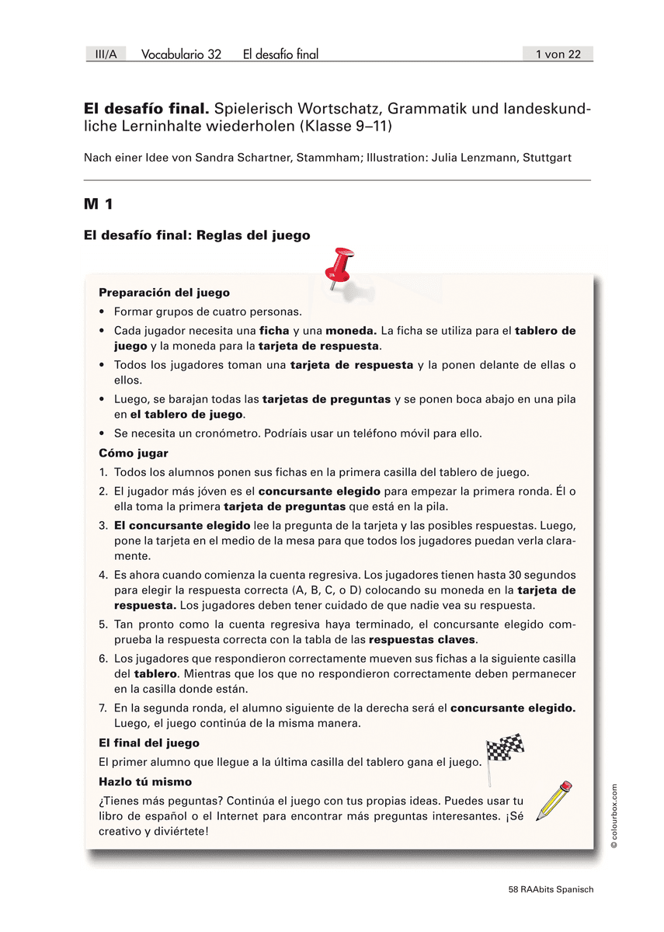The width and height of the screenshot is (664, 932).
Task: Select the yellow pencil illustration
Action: (x=554, y=800)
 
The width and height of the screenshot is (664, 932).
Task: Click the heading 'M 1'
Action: (x=99, y=204)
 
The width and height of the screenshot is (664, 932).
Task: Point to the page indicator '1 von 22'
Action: (x=558, y=54)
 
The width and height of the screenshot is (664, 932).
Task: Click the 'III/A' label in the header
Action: (x=106, y=54)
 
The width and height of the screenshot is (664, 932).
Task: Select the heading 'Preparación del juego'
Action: (x=164, y=293)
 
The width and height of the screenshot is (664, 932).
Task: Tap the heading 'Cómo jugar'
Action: (x=134, y=453)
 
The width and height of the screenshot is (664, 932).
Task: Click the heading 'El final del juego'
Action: (x=149, y=743)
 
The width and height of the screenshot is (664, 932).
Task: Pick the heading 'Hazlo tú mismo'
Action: (x=145, y=782)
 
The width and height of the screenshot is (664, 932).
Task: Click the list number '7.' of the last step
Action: (x=103, y=708)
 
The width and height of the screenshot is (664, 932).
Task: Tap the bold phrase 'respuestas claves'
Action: (x=422, y=640)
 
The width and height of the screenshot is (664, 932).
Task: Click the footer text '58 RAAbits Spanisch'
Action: (x=545, y=890)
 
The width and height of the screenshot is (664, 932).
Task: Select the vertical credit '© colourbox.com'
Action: (x=614, y=815)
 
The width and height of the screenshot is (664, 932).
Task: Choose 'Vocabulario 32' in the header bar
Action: (x=181, y=54)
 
